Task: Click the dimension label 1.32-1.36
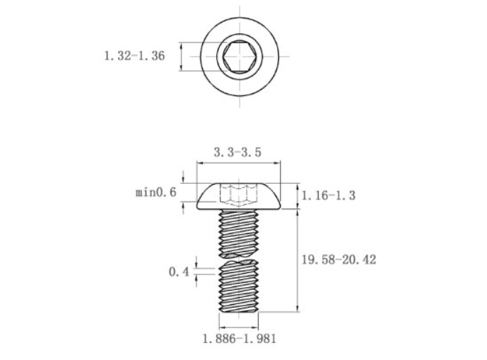pyautogui.click(x=134, y=56)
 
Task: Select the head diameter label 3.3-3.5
pyautogui.click(x=237, y=152)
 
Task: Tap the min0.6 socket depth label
pyautogui.click(x=156, y=192)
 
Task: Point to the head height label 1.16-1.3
pyautogui.click(x=328, y=195)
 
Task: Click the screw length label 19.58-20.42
pyautogui.click(x=339, y=260)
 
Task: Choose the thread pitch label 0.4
pyautogui.click(x=179, y=272)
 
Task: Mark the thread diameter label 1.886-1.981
pyautogui.click(x=239, y=339)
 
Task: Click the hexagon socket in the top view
pyautogui.click(x=240, y=57)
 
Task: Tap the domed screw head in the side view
pyautogui.click(x=238, y=196)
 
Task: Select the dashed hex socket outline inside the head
pyautogui.click(x=238, y=196)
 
